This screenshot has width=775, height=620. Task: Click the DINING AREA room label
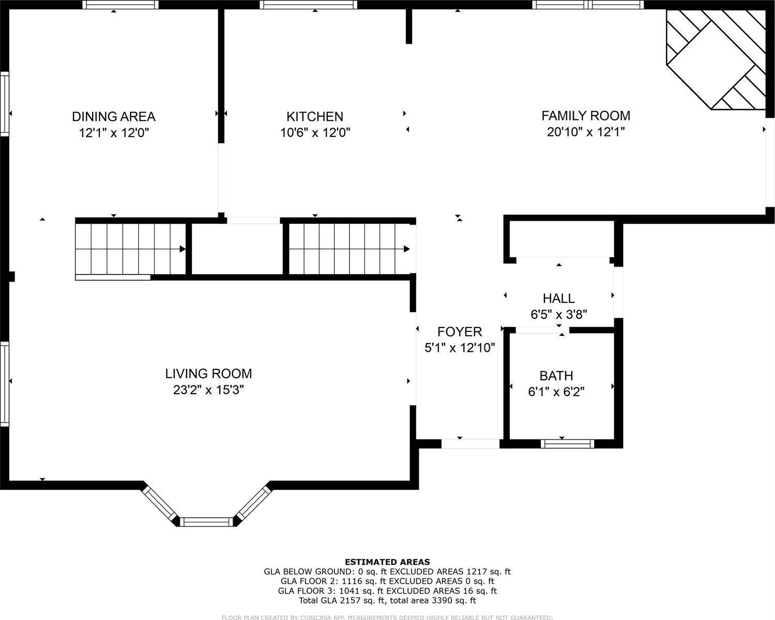point(113,116)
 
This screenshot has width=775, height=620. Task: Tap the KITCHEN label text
point(315,116)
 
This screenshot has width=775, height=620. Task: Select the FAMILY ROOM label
point(586,115)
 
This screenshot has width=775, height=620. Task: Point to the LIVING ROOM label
point(208,373)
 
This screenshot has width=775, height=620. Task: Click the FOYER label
point(460,332)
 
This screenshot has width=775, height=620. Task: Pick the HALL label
point(558,298)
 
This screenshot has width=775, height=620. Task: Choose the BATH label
point(556,376)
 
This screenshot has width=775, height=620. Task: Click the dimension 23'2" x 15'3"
point(208,390)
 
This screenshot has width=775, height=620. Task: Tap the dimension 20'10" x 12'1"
point(586,132)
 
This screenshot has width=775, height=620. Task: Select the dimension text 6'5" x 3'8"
point(558,314)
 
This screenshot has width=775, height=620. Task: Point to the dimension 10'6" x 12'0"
point(315,133)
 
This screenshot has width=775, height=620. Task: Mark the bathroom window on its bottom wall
point(567,443)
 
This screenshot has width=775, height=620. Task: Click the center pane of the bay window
point(206,521)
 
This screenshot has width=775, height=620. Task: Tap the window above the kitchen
point(308,5)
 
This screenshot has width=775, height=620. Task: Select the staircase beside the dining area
point(130,249)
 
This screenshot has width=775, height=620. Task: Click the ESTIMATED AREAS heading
point(387,562)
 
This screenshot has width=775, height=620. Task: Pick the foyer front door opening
point(470,443)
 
